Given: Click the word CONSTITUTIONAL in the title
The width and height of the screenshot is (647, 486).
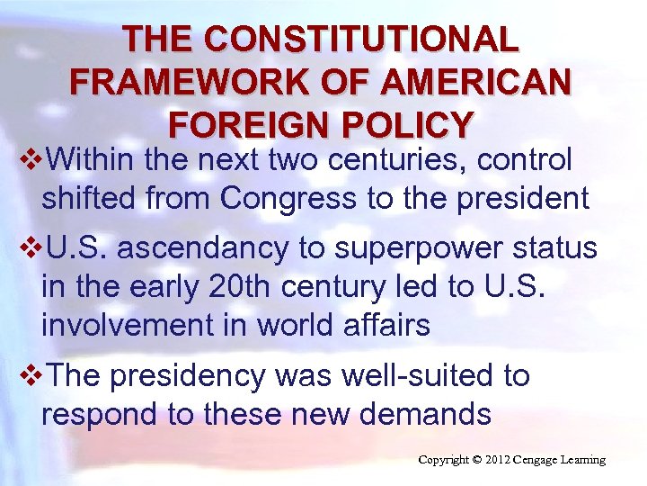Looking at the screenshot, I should [x=361, y=40].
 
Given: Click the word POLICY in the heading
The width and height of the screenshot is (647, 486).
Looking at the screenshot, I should [x=403, y=124].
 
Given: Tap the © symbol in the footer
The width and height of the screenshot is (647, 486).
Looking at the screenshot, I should [x=476, y=461].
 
